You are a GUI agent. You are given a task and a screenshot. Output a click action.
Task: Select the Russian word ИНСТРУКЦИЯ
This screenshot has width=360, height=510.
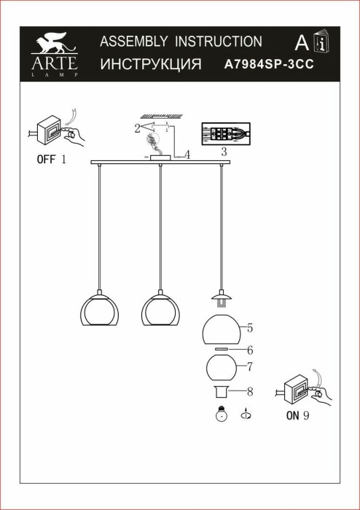[150, 64]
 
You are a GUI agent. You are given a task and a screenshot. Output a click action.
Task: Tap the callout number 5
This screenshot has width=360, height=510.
[249, 327]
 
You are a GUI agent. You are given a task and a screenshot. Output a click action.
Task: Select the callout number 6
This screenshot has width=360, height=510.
[249, 350]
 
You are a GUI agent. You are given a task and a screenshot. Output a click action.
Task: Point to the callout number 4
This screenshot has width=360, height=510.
[187, 154]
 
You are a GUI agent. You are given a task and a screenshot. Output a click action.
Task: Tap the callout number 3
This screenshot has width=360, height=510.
[224, 152]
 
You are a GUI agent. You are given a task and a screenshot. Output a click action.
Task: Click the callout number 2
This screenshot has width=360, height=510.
[137, 128]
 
